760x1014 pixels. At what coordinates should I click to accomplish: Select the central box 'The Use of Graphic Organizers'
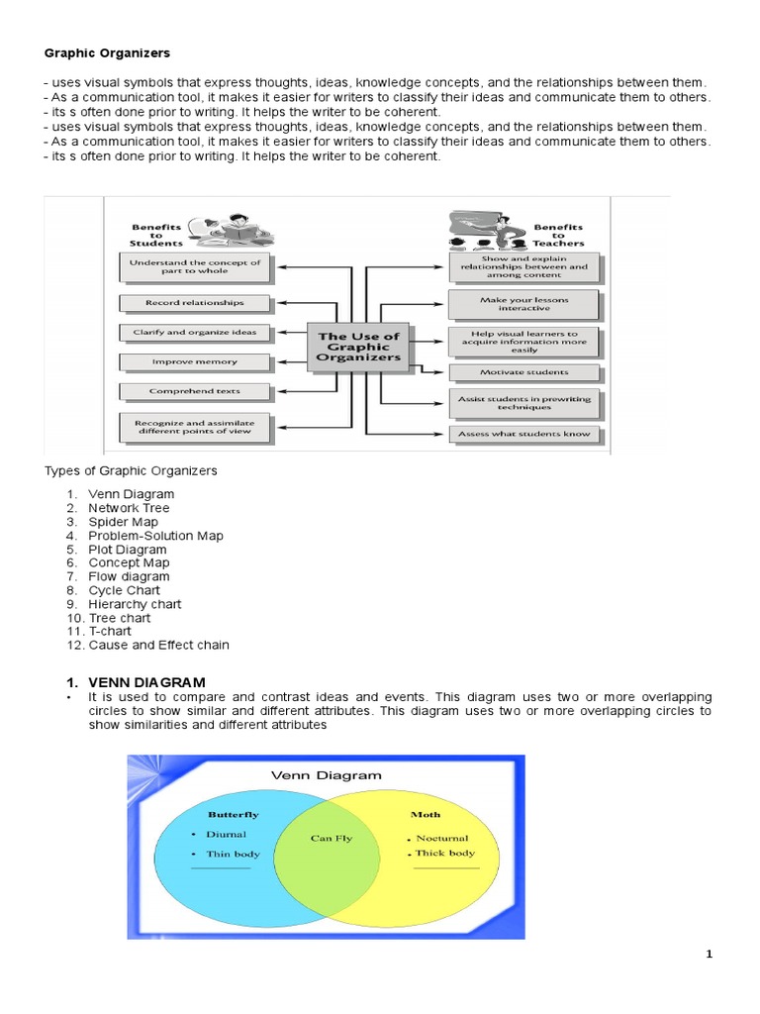click(x=358, y=347)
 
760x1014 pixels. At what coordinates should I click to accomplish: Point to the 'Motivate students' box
click(x=523, y=372)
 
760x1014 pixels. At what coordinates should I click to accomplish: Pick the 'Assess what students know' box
click(x=523, y=434)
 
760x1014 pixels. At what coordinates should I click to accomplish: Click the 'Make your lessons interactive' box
click(x=523, y=303)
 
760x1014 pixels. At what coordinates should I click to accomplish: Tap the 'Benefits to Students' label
click(x=157, y=235)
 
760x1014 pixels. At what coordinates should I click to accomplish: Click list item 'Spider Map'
click(x=123, y=522)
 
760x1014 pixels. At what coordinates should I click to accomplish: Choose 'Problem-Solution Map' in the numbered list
click(x=155, y=536)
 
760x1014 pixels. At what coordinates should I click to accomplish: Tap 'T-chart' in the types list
click(x=110, y=631)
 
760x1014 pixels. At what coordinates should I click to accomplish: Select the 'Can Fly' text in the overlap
click(x=331, y=838)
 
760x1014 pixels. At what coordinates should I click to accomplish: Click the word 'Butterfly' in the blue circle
click(x=233, y=814)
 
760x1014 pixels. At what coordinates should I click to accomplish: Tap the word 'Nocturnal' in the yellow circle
click(x=442, y=838)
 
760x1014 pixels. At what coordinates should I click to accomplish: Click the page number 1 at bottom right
click(x=709, y=955)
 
